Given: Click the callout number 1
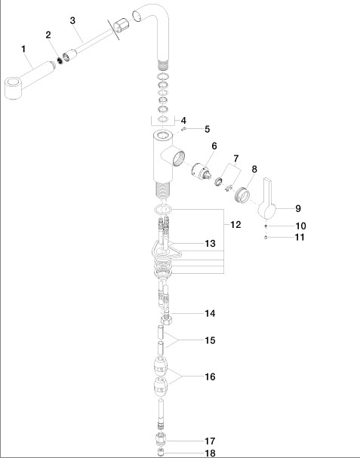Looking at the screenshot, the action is click(23, 49).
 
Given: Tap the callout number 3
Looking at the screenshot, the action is click(72, 20).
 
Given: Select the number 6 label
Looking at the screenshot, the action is click(214, 146).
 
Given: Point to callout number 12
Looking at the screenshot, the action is click(235, 224).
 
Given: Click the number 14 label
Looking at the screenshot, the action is click(210, 313).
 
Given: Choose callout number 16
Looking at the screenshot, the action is click(210, 377).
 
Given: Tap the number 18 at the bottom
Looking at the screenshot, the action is click(210, 453).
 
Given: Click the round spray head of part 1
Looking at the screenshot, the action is click(14, 88).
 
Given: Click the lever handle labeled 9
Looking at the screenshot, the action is click(267, 201).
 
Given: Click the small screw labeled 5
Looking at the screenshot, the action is click(183, 129).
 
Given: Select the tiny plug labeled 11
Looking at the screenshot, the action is click(266, 237).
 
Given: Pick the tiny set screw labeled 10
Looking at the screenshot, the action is click(266, 226).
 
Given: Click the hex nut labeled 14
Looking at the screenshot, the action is click(166, 319).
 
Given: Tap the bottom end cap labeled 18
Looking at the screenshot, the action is click(161, 453).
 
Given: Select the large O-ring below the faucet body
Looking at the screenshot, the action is click(163, 209).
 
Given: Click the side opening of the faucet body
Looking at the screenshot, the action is click(178, 158).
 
